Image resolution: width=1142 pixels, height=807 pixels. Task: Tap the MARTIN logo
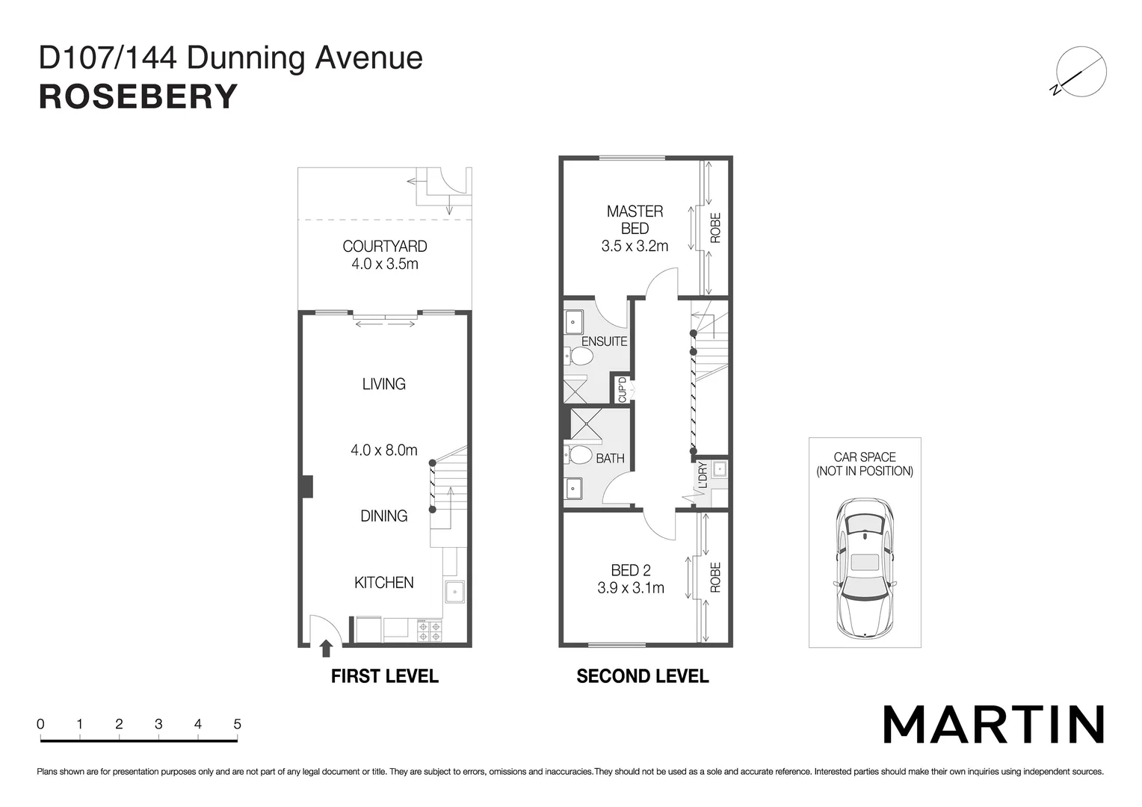click(993, 724)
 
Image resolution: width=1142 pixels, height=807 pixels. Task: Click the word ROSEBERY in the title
click(138, 97)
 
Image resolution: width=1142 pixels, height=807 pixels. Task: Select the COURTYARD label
click(384, 247)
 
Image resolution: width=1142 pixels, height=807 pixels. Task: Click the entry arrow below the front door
click(326, 648)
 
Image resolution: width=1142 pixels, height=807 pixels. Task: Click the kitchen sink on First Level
click(454, 592)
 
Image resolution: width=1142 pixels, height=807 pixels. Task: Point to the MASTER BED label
click(635, 220)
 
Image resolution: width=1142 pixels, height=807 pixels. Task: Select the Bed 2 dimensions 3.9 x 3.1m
click(631, 588)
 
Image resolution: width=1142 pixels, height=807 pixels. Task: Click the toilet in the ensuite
click(580, 356)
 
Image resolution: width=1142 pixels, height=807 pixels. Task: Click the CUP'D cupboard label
click(622, 390)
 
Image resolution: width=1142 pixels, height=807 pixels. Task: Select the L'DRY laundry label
click(702, 475)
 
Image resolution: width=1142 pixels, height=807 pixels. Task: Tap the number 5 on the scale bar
click(237, 724)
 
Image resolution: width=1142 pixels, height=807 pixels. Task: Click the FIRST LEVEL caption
click(384, 676)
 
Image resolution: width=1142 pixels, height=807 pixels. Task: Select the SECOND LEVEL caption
click(642, 676)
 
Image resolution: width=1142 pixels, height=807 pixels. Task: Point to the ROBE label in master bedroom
click(715, 228)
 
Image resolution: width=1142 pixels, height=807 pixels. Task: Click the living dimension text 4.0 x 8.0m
click(384, 450)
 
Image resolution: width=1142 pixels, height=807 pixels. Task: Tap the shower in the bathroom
click(586, 423)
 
